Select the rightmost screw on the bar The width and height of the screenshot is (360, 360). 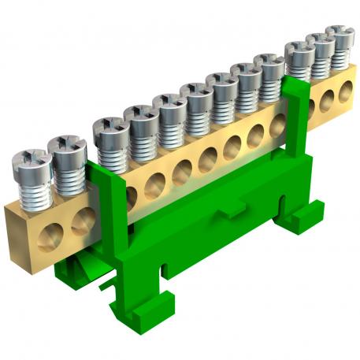[x=340, y=35]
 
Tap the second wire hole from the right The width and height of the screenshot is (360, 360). [x=326, y=102]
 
